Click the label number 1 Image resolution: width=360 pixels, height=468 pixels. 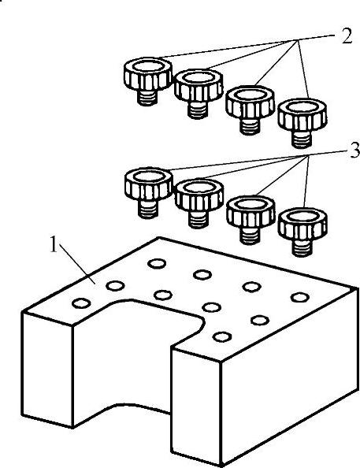coord(53,244)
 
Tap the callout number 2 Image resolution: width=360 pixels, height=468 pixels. coord(347,36)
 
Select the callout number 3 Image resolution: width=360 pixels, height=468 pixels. coord(354,150)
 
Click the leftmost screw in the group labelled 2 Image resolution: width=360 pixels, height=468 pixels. coord(148,81)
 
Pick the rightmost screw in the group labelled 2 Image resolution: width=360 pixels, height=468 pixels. coord(302,123)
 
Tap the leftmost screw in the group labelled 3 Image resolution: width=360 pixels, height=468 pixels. coord(148,193)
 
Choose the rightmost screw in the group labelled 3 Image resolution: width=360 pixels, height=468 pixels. coord(302,232)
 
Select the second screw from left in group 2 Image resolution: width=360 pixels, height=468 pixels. coord(199,94)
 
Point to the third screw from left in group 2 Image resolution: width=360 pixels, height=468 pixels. coord(250,110)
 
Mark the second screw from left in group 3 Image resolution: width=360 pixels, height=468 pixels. coord(199,204)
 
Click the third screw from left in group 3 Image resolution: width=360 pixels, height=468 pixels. coord(251,220)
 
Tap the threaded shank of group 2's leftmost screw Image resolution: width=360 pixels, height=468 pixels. coord(147,98)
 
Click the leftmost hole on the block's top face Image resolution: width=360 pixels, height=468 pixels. coord(81,303)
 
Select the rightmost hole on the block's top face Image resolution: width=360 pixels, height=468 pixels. coord(299,297)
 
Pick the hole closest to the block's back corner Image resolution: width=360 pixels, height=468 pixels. coord(157,264)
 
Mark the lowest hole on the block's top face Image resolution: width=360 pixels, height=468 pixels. coord(222,336)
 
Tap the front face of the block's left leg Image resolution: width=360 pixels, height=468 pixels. coord(47,370)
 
